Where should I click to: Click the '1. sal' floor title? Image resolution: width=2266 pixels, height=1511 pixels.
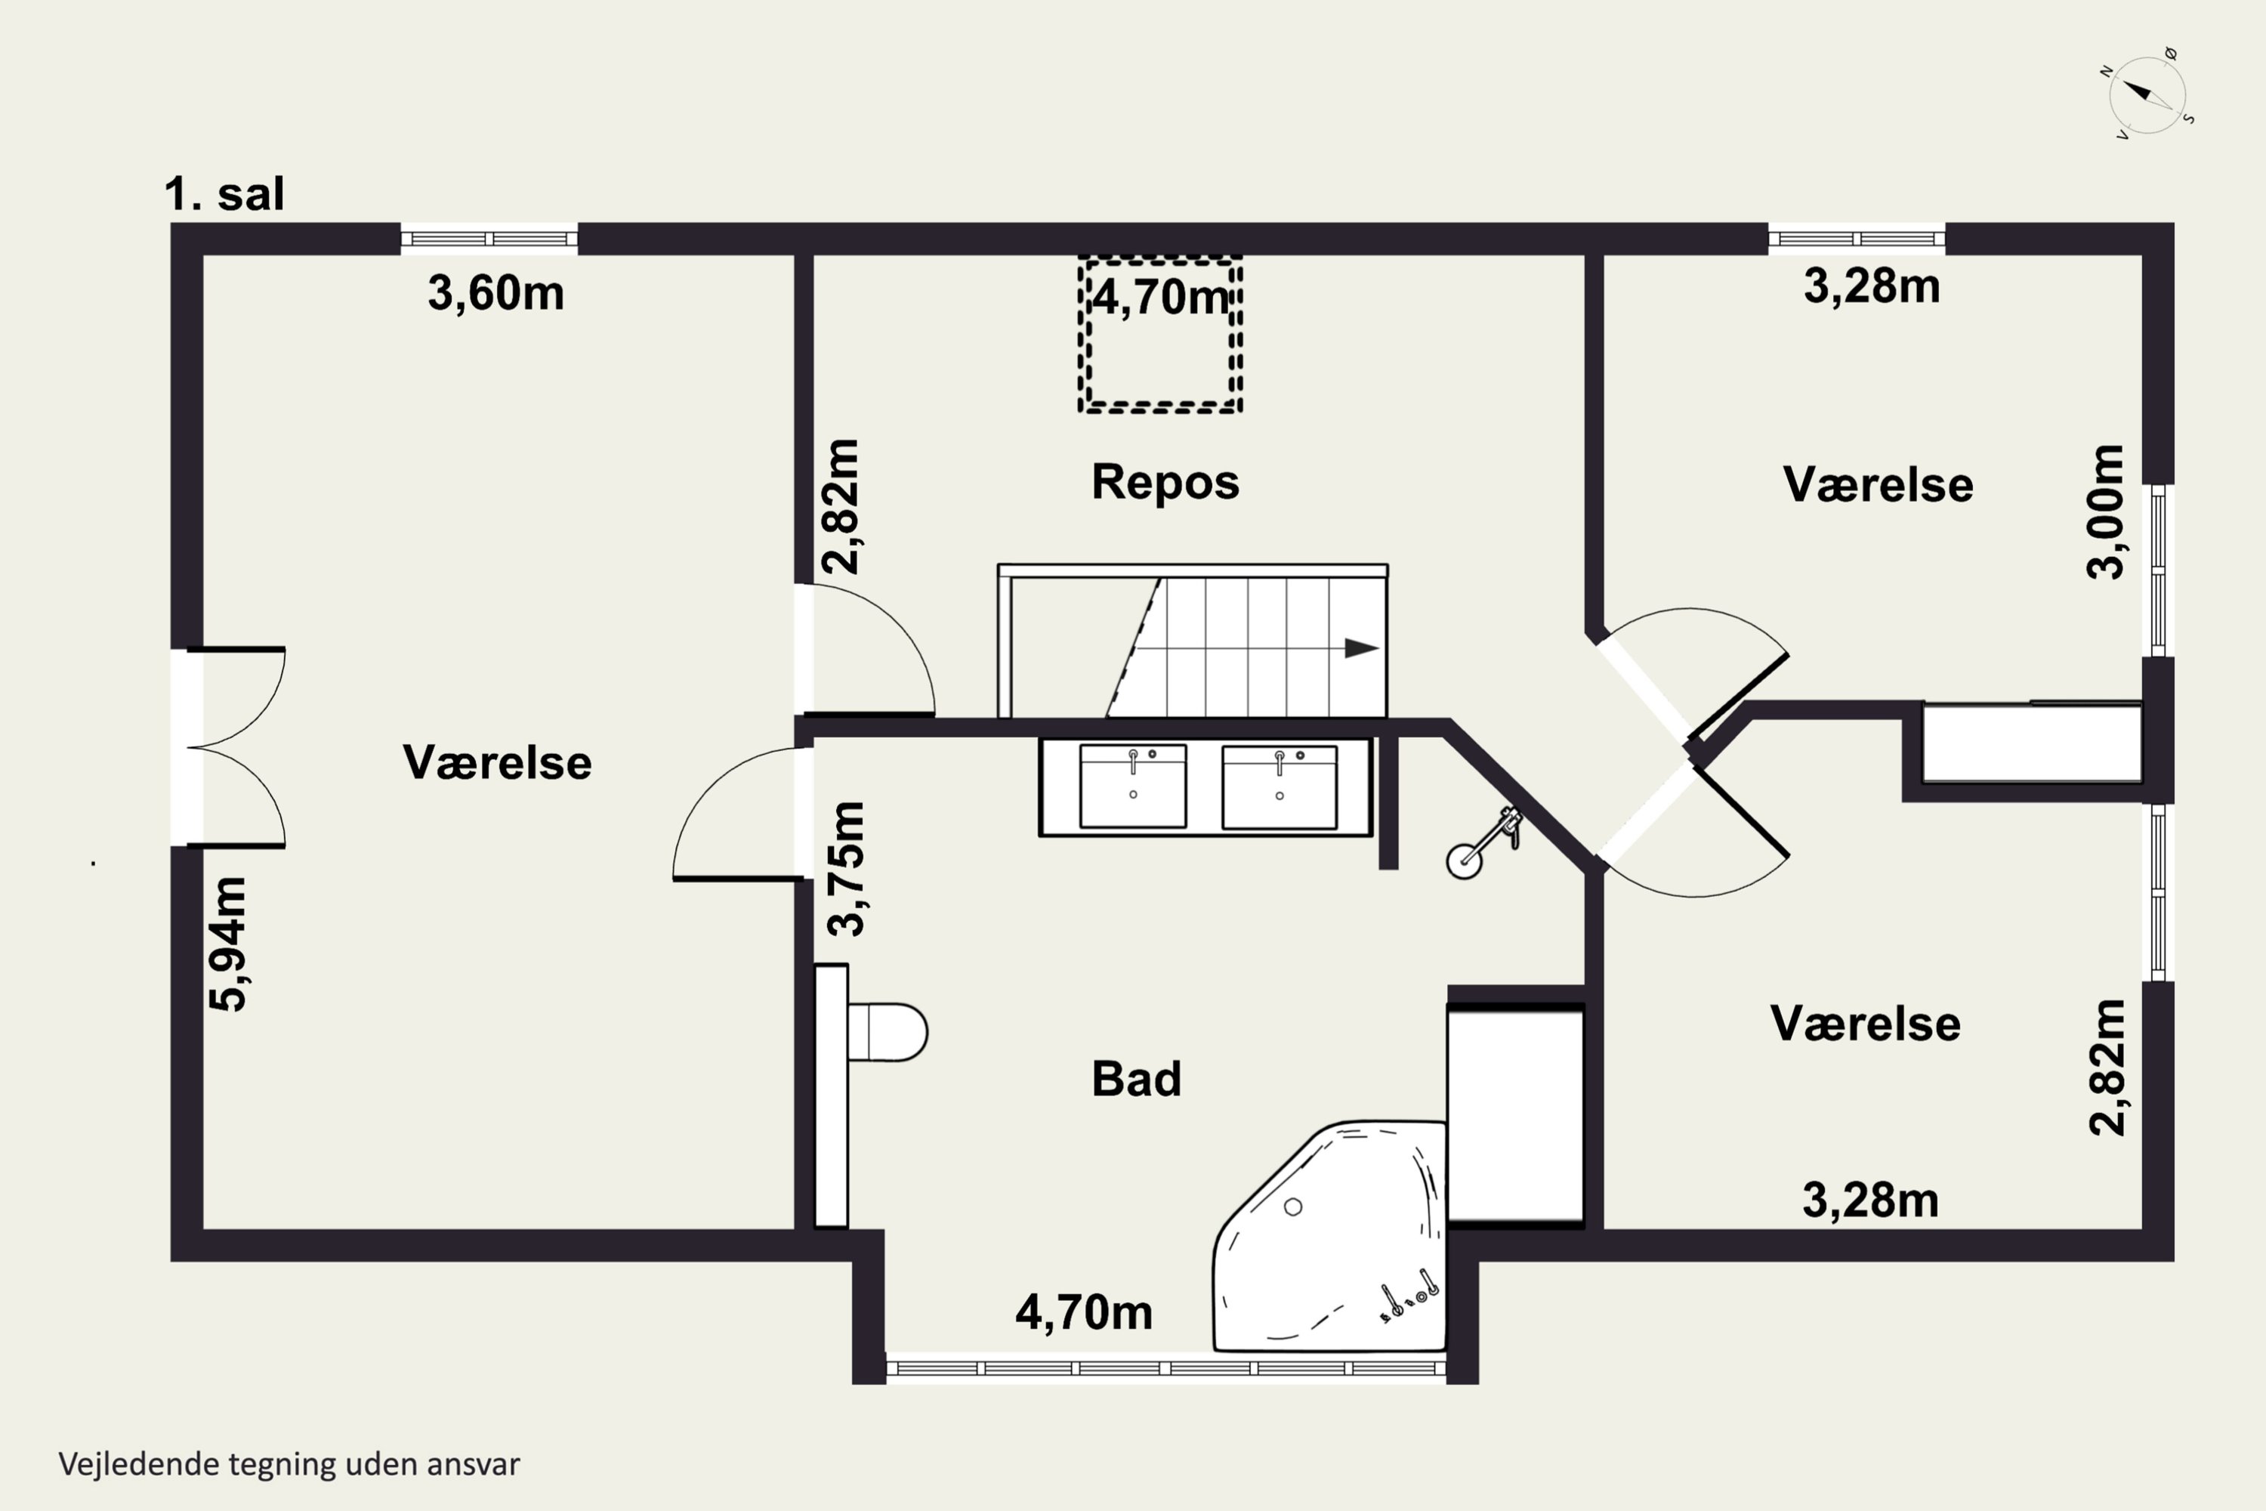click(224, 193)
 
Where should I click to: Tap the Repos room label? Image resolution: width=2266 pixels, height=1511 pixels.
click(1165, 482)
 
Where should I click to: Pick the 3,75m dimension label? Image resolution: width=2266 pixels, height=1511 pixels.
click(847, 868)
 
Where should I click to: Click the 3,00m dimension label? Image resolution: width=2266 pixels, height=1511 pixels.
click(2104, 511)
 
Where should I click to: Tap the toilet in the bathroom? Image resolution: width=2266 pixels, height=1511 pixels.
click(886, 1032)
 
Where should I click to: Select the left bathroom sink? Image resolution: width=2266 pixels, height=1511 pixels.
click(1133, 786)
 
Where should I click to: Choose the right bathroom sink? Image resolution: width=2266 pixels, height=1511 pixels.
click(1280, 786)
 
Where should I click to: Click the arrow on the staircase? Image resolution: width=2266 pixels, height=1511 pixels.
click(1361, 648)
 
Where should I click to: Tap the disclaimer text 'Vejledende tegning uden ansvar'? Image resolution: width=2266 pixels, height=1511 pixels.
click(289, 1464)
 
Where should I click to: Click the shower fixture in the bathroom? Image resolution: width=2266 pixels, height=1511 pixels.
click(1483, 842)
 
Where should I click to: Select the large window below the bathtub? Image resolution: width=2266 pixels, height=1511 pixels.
click(1165, 1367)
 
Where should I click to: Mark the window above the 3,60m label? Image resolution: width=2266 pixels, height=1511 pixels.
click(489, 238)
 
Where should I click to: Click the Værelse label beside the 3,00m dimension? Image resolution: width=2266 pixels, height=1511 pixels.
click(1878, 485)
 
